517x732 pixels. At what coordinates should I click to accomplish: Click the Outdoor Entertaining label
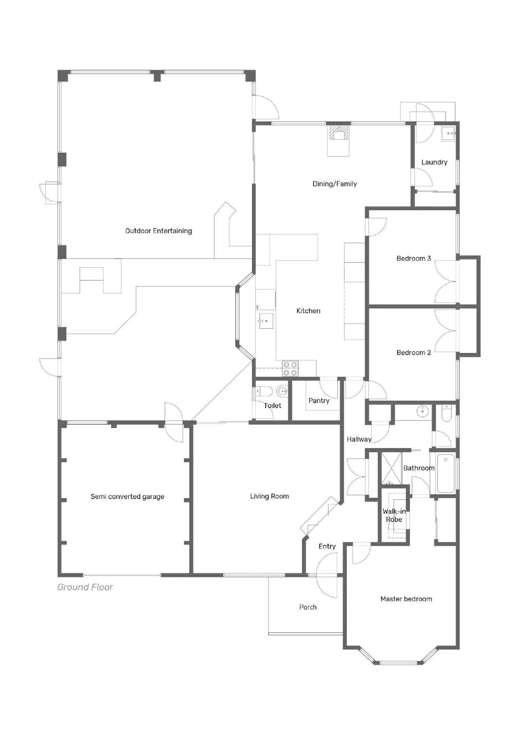click(x=159, y=231)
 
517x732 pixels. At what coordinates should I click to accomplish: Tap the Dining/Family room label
click(x=335, y=184)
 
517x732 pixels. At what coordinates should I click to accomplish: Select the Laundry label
click(x=434, y=162)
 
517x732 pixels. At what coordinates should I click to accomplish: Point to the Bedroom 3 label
click(x=414, y=258)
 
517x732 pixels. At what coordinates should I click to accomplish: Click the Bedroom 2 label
click(x=414, y=352)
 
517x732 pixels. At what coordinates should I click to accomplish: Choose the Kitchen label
click(x=308, y=311)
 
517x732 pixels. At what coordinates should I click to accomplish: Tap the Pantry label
click(x=319, y=401)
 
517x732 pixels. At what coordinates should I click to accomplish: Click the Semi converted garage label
click(x=128, y=497)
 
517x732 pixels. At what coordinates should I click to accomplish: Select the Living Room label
click(x=270, y=496)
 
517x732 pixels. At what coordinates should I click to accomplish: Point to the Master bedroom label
click(x=406, y=599)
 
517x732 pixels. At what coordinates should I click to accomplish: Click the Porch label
click(x=308, y=607)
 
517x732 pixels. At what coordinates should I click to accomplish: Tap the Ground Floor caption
click(x=85, y=587)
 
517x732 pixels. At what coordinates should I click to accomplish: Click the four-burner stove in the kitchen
click(x=291, y=369)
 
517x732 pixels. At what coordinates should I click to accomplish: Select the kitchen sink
click(x=266, y=321)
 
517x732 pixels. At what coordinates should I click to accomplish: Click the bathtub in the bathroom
click(x=446, y=474)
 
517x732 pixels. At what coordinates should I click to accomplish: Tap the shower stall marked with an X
click(x=391, y=468)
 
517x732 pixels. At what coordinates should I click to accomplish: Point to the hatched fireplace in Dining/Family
click(x=339, y=133)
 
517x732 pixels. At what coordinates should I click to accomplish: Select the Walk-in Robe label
click(x=394, y=515)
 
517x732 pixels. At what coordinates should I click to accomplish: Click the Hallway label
click(x=359, y=439)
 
